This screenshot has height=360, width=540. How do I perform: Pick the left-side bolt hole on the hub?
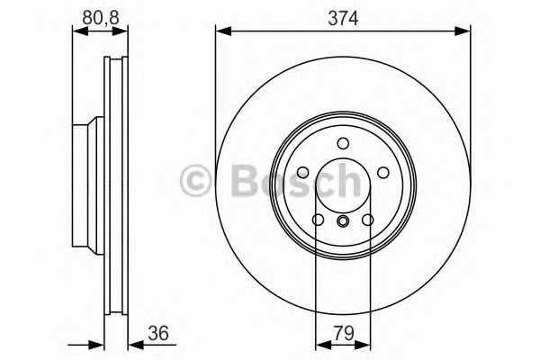[303, 173]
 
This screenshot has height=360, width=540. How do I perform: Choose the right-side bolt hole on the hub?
[382, 173]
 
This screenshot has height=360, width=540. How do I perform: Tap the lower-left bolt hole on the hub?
[318, 220]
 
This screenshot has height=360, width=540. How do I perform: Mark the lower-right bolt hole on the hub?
[367, 220]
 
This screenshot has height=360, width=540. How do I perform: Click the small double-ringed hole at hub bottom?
[342, 221]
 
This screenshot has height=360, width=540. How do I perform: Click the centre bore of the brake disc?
[342, 187]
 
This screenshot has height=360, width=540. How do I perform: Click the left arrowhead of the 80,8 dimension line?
[76, 32]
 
